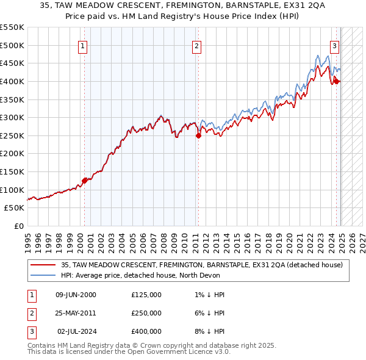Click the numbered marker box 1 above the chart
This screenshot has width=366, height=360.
tap(82, 45)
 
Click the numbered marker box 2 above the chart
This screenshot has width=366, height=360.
tap(196, 45)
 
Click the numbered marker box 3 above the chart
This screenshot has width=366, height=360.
tap(335, 45)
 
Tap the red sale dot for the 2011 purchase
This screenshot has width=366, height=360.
tap(198, 136)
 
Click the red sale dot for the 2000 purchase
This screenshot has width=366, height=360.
tap(84, 181)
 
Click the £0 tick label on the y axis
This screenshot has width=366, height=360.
tap(20, 226)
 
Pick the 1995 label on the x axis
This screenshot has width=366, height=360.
tap(28, 240)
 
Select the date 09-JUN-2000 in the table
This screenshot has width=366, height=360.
tap(76, 295)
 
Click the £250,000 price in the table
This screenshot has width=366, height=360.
tap(146, 313)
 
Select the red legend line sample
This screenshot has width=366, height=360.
tap(43, 265)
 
